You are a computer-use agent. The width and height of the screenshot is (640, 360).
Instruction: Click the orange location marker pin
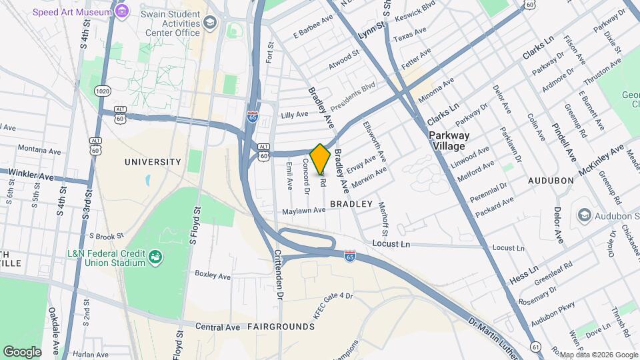[321, 158]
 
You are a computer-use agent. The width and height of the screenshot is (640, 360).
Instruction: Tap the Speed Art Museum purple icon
[121, 11]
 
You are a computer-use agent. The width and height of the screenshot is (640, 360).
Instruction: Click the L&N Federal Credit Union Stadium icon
[155, 257]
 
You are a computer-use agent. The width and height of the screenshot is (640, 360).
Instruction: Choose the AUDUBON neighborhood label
[551, 181]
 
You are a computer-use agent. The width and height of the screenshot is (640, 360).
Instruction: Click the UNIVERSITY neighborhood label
[153, 162]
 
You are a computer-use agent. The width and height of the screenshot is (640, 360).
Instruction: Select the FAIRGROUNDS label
[280, 327]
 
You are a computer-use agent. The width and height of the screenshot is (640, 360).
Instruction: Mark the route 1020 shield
[102, 90]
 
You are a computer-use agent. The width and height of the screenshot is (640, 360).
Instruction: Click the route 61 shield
[536, 347]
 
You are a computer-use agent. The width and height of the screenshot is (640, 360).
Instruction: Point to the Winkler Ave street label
[31, 175]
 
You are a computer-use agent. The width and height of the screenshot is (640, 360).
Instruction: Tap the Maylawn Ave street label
[303, 211]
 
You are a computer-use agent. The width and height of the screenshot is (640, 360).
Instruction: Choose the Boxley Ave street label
[212, 273]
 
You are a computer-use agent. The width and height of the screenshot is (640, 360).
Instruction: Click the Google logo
[22, 351]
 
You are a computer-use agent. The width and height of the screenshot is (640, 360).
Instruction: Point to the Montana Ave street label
[36, 149]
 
